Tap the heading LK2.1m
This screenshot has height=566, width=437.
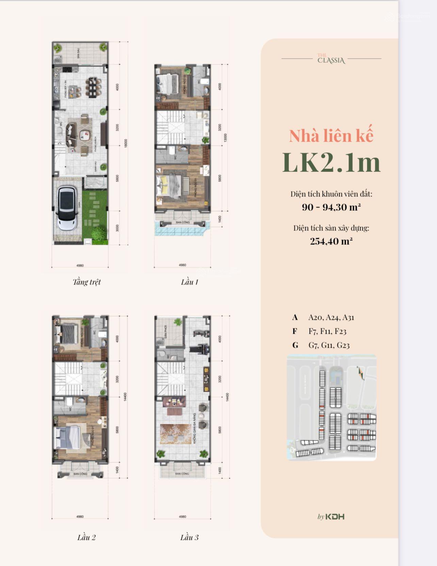coord(331,162)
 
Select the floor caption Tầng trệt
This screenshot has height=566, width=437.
coord(87,282)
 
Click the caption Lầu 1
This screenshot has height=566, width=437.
coord(189,282)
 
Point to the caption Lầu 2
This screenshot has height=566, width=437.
coord(86,537)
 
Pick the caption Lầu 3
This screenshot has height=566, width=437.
coord(189,537)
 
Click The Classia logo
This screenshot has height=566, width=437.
coord(331,59)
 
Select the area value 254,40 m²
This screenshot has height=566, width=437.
coord(331,241)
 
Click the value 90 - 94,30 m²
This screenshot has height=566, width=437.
coord(331,207)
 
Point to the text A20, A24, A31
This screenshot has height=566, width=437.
coord(331,318)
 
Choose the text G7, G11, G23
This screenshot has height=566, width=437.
coord(329,345)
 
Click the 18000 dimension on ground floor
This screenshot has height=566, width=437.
coord(126,143)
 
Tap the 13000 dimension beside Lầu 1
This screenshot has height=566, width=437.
coord(225,138)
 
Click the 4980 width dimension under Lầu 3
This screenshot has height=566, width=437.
coord(182,517)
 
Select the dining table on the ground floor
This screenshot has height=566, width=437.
coord(93,87)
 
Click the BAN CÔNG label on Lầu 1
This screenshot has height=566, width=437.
coord(183,223)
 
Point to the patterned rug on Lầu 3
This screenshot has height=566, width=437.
coord(176,434)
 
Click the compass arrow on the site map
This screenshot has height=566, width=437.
coord(360,373)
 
